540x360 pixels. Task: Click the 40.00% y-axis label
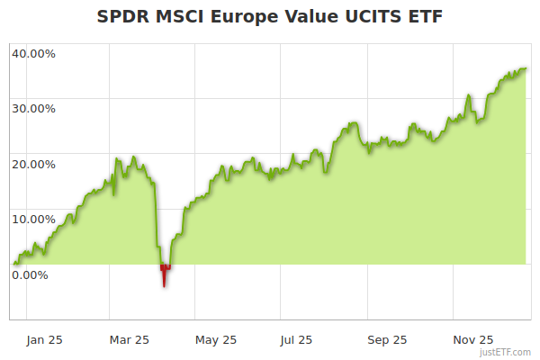[33, 53]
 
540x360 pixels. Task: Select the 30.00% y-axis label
[33, 108]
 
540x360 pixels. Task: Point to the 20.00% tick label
[33, 164]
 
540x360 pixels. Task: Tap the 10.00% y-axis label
[33, 219]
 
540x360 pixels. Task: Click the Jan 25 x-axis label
[44, 339]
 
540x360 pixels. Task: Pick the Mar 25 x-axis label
[130, 339]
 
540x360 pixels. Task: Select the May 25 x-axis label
[216, 339]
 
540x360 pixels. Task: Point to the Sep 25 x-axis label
[387, 339]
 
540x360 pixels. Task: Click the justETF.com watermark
[506, 352]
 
